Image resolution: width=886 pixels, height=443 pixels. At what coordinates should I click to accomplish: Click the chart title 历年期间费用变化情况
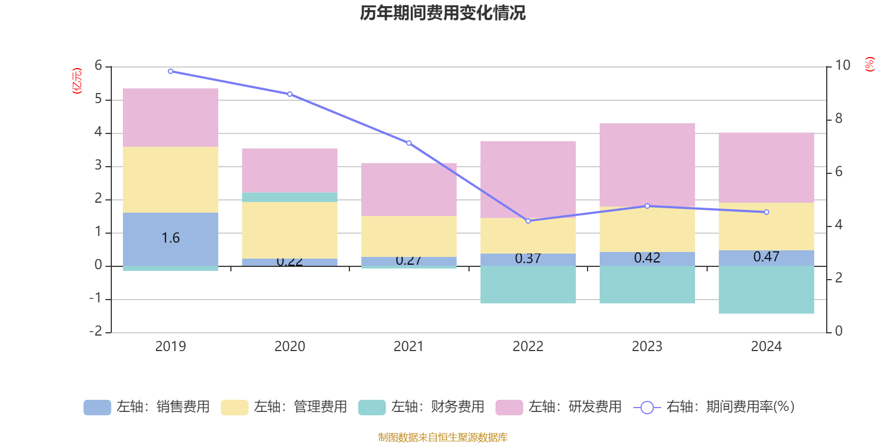(442, 13)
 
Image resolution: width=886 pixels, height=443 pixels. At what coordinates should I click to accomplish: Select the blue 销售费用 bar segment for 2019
(171, 239)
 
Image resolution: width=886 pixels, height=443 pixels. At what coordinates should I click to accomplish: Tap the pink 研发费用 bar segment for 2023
(647, 164)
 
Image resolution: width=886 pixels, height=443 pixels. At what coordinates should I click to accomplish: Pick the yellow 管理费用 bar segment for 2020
(290, 230)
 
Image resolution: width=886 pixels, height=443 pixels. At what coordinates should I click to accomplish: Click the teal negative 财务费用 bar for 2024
(766, 290)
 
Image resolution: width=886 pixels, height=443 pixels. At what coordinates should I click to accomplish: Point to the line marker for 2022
(528, 221)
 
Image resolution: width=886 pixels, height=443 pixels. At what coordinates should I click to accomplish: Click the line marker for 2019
(171, 71)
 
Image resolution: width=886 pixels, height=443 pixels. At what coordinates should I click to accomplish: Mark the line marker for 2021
(409, 143)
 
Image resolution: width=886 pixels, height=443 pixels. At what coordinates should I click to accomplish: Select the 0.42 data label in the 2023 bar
(647, 258)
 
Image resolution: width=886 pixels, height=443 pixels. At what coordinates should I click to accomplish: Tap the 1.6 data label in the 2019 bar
(171, 238)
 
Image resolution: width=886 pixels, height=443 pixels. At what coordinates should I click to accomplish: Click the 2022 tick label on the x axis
(528, 347)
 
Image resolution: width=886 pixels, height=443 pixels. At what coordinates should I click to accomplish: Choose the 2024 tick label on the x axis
(766, 347)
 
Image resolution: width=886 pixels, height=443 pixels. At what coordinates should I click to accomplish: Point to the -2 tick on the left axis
(96, 331)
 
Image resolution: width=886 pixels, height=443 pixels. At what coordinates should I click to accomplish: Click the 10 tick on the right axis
(843, 65)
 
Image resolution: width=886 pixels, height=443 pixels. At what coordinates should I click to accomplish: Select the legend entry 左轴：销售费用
(147, 407)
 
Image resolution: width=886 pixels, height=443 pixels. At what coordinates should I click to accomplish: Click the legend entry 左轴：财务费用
(421, 407)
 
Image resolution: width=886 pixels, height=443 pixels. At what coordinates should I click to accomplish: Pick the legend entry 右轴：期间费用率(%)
(714, 407)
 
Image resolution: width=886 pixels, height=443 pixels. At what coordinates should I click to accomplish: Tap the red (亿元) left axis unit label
(77, 81)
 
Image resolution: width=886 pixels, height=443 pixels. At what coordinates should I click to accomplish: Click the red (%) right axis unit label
(869, 64)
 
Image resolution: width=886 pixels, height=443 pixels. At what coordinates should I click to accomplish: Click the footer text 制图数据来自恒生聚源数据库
(442, 437)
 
